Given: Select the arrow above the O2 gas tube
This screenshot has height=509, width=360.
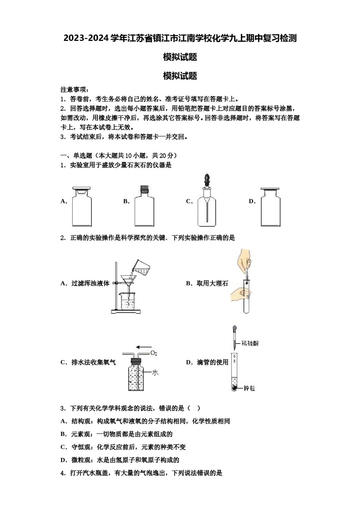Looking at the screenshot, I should point(144,346).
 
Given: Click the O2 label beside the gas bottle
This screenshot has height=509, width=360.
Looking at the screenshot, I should point(154,353).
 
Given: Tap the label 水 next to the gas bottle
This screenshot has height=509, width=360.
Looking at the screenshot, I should point(155,373).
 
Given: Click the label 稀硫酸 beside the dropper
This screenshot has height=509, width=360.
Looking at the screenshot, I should point(250,343).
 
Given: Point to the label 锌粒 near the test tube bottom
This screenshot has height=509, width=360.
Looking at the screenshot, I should point(249,388).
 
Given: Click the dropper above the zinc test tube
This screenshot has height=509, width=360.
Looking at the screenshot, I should point(235,337).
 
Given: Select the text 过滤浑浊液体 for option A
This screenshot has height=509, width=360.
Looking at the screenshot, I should point(90,283).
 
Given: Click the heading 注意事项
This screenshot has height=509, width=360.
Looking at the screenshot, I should point(75,90).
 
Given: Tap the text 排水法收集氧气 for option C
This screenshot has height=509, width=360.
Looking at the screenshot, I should point(94,362).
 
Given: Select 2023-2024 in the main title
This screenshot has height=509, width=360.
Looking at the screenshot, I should point(86,38).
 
